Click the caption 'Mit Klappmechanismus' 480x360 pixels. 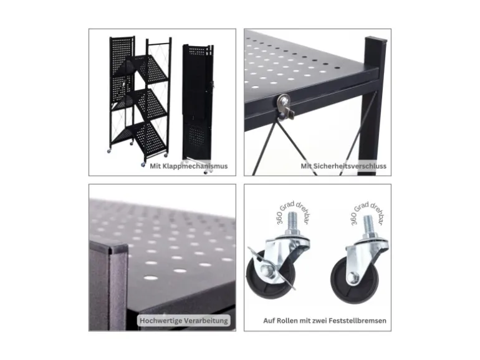click(188, 166)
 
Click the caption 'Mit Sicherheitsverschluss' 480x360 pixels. click(343, 166)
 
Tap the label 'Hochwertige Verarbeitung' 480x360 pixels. click(184, 321)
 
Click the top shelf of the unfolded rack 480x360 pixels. click(150, 69)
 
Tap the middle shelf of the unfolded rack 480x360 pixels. click(150, 103)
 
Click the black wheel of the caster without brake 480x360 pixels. click(355, 280)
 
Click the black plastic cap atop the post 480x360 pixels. click(376, 39)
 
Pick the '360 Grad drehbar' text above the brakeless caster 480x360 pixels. click(367, 211)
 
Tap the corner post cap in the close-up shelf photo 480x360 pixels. click(118, 248)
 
